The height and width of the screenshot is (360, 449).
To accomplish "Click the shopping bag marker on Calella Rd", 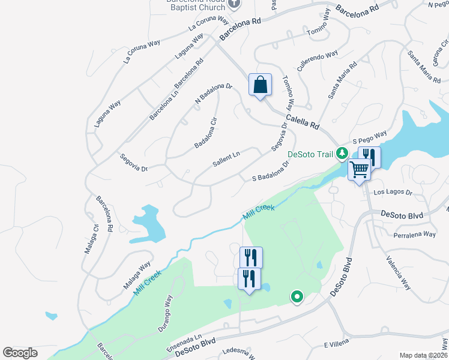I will coord(260,85).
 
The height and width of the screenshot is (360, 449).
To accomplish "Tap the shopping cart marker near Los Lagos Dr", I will coord(359,170).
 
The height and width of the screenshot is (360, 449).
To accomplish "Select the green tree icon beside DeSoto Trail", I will coord(342,154).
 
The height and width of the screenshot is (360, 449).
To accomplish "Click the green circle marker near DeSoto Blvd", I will coord(296,296).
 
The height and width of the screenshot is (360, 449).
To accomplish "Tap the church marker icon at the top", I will coord(235,4).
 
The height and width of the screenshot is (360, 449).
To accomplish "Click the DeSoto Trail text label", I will coord(310,154).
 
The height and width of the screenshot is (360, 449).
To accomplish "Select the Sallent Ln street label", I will coord(226,160).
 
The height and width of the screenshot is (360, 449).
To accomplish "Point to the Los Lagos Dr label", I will coord(393,193).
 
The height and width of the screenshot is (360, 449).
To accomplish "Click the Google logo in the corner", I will coord(20,353).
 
